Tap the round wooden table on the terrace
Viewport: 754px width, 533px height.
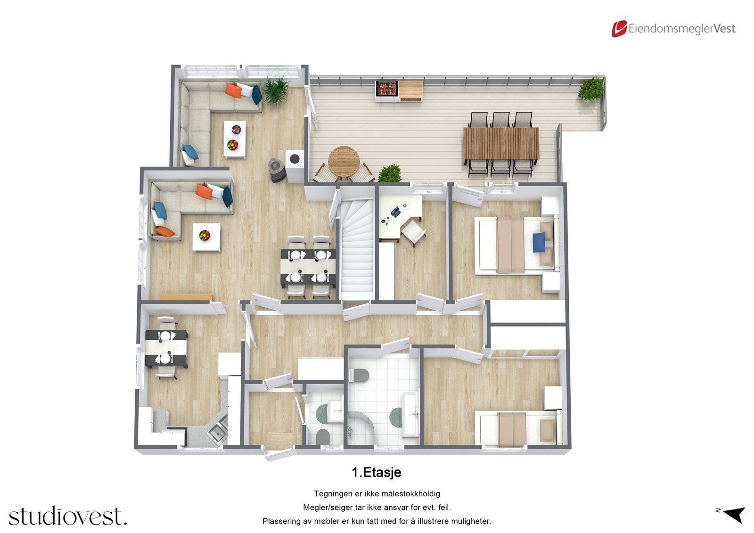click(x=344, y=161)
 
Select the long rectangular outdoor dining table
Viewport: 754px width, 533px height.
click(x=501, y=143)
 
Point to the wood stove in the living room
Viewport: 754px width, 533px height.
click(x=277, y=170)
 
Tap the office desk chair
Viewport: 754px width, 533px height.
click(x=413, y=232)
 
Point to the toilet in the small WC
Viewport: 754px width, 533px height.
click(x=323, y=436)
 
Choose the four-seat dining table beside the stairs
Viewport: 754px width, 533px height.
click(x=308, y=266)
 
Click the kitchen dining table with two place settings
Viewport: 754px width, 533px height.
click(x=166, y=348)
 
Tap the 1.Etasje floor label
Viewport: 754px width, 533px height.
click(x=376, y=472)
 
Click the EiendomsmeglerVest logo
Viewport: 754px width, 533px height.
click(x=673, y=29)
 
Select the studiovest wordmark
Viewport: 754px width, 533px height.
click(x=67, y=516)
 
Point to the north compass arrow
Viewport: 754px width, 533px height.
click(x=733, y=514)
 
